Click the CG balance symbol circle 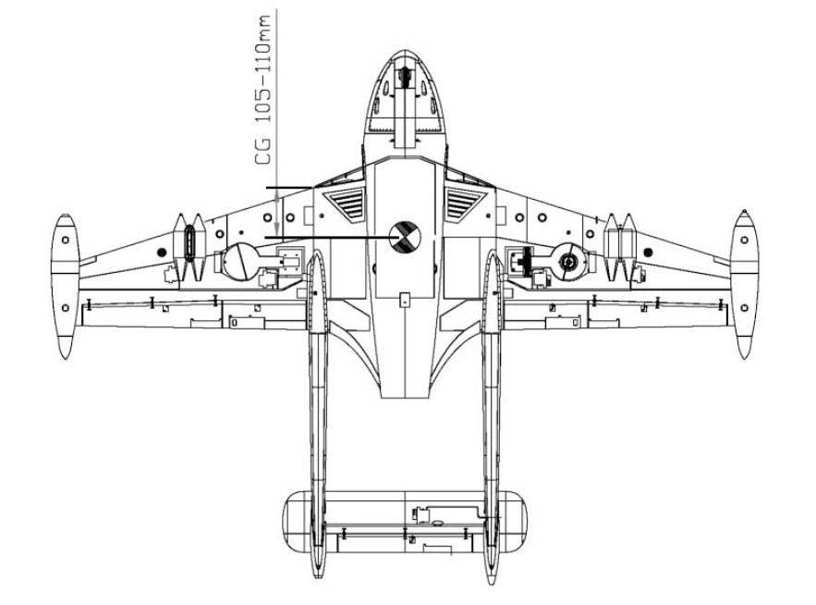coord(405,237)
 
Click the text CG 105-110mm coord(263,90)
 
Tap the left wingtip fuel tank coord(65,286)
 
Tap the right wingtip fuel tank coord(744,285)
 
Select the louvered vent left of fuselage coord(344,204)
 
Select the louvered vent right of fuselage coord(465,204)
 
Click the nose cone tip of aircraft coord(405,51)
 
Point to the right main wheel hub coord(568,262)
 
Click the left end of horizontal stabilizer coord(283,521)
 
